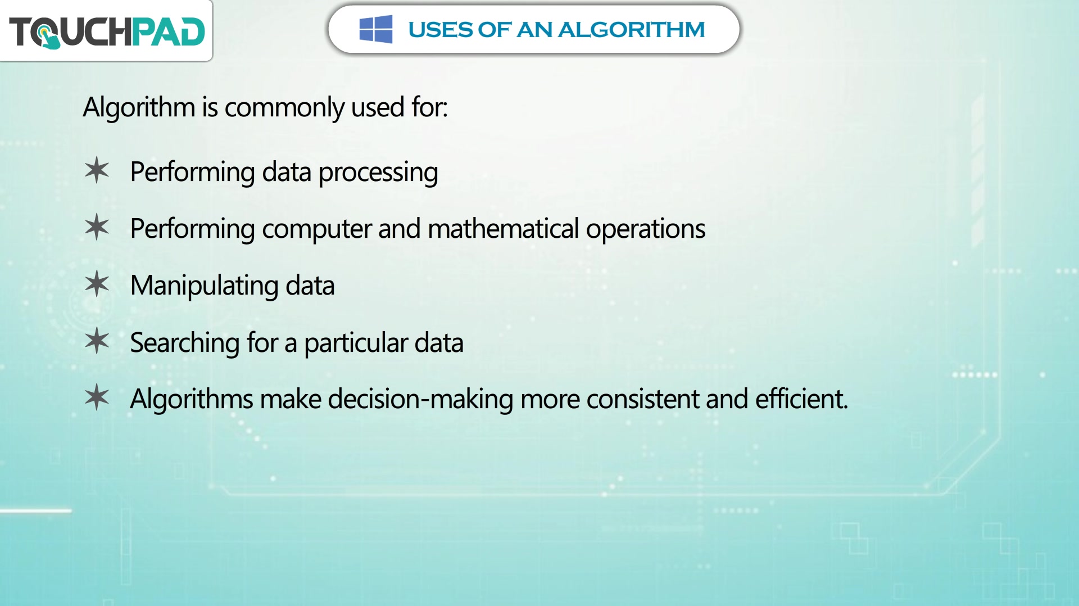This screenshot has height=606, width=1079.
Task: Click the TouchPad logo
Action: click(107, 31)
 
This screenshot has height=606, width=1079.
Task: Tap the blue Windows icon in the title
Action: click(376, 29)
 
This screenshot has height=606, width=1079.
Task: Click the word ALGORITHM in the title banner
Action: click(631, 30)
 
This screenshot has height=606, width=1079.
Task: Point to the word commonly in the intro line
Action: click(284, 107)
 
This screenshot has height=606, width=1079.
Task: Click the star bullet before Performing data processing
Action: click(97, 170)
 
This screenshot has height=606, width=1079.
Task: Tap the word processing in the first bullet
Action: click(378, 173)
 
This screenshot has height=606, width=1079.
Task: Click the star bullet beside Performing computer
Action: click(97, 227)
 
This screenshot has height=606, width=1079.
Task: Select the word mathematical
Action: click(504, 229)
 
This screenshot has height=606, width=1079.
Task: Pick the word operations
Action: click(646, 229)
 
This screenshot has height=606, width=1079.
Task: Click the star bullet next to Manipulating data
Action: click(97, 284)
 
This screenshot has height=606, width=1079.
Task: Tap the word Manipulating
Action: click(205, 286)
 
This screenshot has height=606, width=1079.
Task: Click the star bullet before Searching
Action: click(97, 341)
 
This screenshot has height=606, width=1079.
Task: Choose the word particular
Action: click(356, 343)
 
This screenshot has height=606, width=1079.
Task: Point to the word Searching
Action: click(185, 343)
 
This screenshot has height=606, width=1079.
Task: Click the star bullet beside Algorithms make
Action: click(97, 397)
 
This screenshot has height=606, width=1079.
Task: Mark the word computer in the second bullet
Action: click(317, 229)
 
